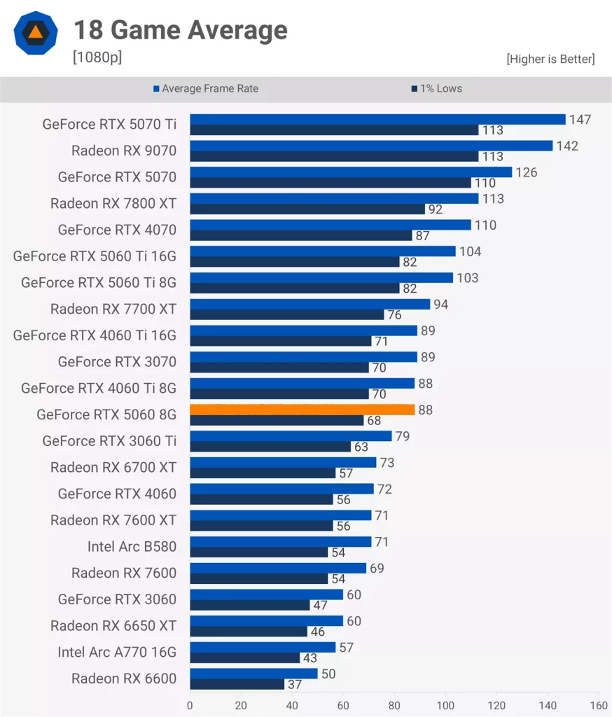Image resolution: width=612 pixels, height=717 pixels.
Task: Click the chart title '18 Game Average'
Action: coord(181,30)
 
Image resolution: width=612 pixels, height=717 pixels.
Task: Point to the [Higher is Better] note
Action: coord(550,60)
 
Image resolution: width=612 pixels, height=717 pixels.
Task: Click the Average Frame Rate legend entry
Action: coord(206,89)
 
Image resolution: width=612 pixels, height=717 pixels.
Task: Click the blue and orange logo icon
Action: coord(34,32)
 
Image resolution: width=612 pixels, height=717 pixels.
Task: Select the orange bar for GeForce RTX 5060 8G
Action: coord(302,410)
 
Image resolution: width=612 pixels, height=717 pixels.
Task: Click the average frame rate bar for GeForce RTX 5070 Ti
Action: coord(377,119)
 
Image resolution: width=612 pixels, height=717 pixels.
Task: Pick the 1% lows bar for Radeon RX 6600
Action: coord(237,684)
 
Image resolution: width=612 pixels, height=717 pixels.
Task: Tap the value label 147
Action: coord(580,120)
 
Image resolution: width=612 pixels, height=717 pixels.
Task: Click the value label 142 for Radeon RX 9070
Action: coord(567,146)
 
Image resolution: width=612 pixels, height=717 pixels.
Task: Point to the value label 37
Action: coord(295,685)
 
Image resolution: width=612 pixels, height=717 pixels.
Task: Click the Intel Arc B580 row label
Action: coord(132,546)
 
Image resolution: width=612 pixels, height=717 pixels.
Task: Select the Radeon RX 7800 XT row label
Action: coord(113,204)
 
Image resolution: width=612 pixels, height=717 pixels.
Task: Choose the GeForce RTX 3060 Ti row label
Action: coord(109,441)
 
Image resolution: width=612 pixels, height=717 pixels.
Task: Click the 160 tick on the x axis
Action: coord(599,705)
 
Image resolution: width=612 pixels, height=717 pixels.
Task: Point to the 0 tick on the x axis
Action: coord(190,705)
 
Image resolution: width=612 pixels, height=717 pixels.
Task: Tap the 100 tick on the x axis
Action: coord(445,705)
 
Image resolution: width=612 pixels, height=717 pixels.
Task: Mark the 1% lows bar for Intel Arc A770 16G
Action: coord(244,658)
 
